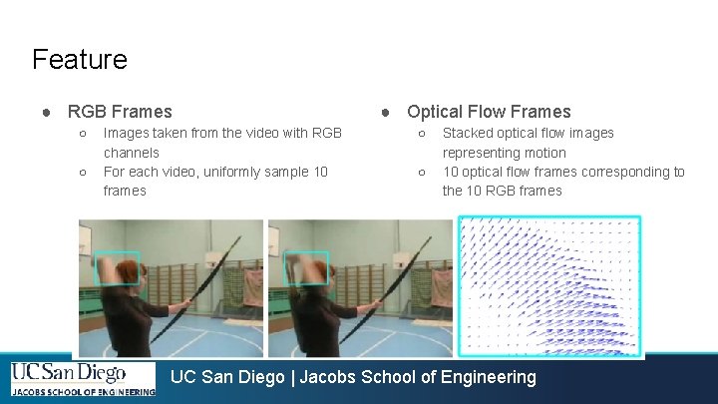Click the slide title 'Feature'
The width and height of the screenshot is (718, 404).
click(x=80, y=59)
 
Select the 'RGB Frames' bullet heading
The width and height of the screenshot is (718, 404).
click(x=120, y=112)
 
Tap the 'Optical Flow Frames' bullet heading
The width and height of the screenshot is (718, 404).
click(x=489, y=112)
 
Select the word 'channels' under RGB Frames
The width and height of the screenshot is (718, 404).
click(x=131, y=153)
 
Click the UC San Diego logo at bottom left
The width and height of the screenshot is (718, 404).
click(x=83, y=379)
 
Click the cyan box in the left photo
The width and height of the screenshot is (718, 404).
click(x=117, y=268)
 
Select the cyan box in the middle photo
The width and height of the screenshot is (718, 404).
click(x=306, y=268)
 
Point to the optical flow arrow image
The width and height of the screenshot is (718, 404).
click(x=548, y=285)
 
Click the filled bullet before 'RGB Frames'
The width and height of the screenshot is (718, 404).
click(x=47, y=112)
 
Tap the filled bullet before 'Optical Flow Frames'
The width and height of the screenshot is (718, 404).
click(x=386, y=112)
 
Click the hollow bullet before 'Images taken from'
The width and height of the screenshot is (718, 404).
click(x=82, y=133)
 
